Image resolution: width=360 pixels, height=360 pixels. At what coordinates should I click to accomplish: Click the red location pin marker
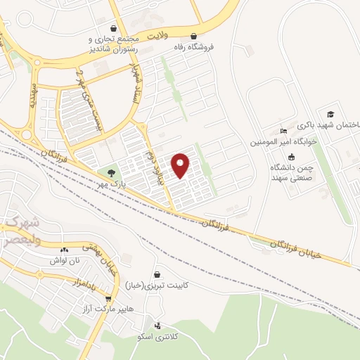(x=181, y=165)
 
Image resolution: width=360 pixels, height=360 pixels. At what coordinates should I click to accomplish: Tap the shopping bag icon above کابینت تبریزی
(x=157, y=275)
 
